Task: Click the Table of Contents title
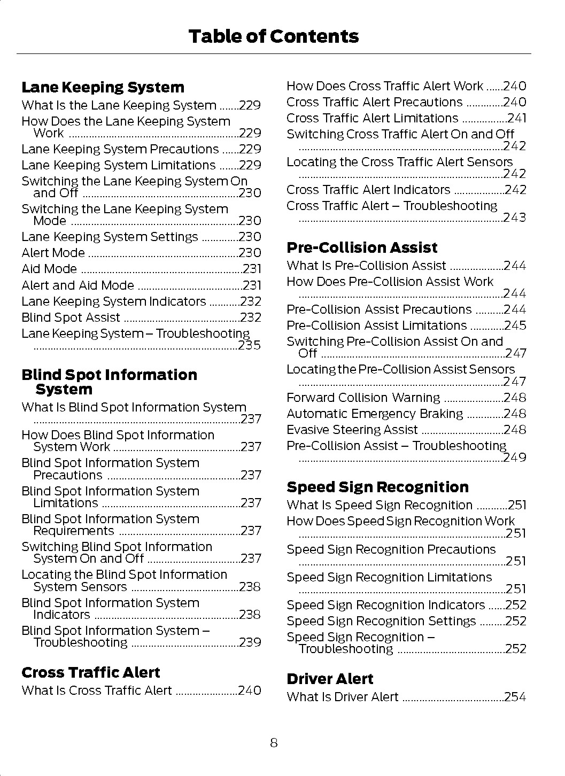273,36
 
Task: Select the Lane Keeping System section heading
103,88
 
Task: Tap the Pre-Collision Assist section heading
362,248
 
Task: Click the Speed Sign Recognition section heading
377,487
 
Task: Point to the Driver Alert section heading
330,679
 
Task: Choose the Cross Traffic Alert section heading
91,673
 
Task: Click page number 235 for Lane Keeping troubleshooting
250,345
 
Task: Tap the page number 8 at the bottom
274,743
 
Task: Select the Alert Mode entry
53,253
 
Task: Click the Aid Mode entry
49,269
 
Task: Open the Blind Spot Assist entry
71,317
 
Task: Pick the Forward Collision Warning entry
363,398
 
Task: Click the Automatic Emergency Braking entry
375,414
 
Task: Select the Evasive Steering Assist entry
352,430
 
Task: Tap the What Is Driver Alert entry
343,697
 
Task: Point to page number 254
515,697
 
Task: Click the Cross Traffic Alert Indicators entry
368,190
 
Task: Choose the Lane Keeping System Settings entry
110,237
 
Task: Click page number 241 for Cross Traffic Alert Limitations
517,118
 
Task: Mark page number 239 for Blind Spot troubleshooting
250,642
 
